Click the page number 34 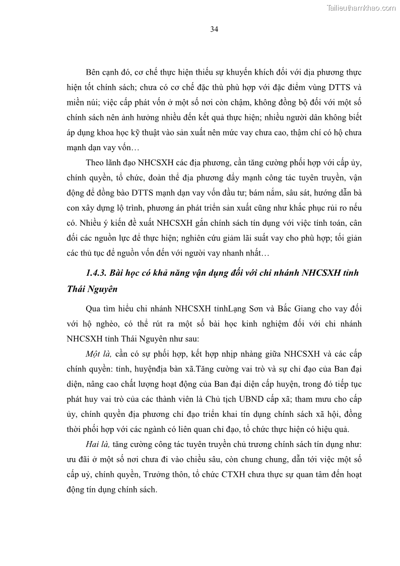point(214,29)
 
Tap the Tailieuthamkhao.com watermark point(361,8)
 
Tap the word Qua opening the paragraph point(94,308)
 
